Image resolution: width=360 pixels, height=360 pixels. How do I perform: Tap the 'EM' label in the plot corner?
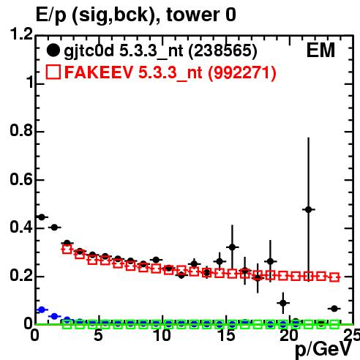(320, 50)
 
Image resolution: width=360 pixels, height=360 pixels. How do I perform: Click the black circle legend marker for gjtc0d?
(53, 50)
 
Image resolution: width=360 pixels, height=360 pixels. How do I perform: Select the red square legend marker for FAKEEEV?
(53, 72)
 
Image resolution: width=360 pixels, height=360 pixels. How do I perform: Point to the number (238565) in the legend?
(223, 51)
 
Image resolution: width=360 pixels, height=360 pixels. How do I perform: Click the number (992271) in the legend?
(241, 72)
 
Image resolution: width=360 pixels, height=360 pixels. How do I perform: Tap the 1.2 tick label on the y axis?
(21, 34)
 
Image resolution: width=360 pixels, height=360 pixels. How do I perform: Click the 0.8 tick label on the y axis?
(21, 130)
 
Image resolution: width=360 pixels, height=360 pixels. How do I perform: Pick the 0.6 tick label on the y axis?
(21, 179)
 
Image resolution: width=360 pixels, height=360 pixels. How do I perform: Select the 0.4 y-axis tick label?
(21, 228)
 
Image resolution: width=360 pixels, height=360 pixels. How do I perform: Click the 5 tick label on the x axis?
(98, 335)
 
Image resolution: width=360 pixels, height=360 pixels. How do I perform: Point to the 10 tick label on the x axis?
(162, 335)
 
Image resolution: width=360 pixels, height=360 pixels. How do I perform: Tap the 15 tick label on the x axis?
(226, 335)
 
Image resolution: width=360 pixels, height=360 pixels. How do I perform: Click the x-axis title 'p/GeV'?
(323, 350)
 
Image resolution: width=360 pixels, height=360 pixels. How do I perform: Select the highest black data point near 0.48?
(309, 209)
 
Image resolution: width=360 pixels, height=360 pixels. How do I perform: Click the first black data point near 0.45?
(42, 217)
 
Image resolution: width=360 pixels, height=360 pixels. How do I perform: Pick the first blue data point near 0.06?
(42, 310)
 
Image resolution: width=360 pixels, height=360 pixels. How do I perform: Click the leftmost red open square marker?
(67, 250)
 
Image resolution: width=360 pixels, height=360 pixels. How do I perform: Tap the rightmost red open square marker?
(334, 277)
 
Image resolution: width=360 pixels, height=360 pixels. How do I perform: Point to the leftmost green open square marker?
(67, 324)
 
